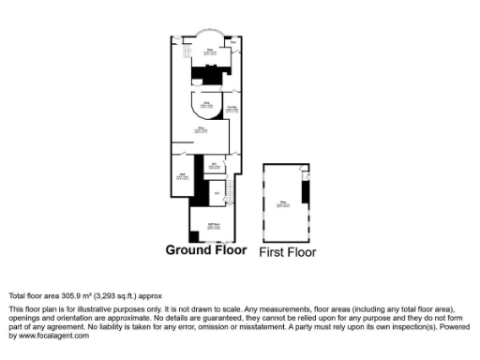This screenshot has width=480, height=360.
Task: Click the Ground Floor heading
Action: pyautogui.click(x=206, y=250)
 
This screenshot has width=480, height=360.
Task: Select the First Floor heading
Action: pyautogui.click(x=287, y=252)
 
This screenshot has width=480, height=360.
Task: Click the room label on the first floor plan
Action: pyautogui.click(x=282, y=201)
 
